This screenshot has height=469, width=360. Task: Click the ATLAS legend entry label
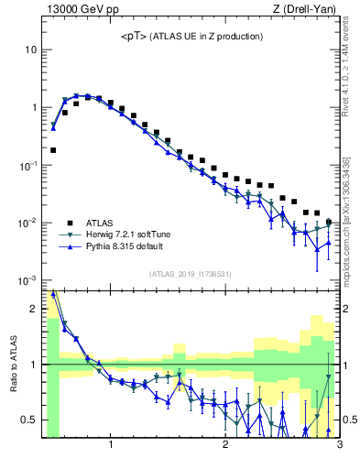point(100,223)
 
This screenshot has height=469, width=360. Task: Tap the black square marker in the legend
point(69,223)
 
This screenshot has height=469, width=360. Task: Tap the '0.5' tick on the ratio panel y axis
point(29,420)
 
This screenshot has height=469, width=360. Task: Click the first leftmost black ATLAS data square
point(53,149)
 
